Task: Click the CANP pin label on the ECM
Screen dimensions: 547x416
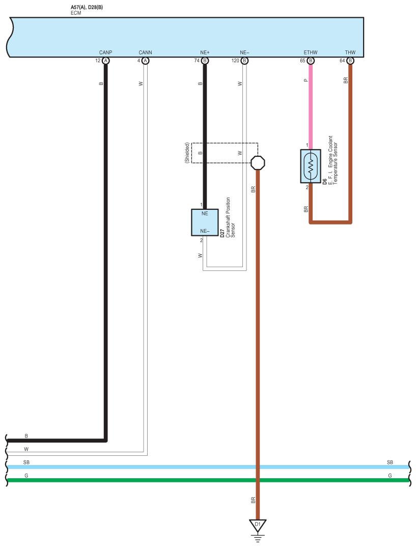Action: coord(105,52)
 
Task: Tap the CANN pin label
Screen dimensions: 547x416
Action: coord(145,52)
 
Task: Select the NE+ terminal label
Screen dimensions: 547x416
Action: coord(205,52)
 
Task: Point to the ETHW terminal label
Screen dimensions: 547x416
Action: coord(311,52)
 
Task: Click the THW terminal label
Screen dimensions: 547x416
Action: coord(350,52)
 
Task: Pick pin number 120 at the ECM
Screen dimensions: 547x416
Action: coord(235,61)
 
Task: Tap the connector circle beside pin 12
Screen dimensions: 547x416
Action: coord(105,61)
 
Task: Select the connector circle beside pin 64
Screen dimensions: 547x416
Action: coord(350,61)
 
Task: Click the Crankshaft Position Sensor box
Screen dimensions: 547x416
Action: coord(205,222)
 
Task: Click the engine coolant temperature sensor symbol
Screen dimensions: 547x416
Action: coord(311,166)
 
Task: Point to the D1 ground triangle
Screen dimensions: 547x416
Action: coord(257,525)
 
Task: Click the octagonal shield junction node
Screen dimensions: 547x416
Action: coord(258,163)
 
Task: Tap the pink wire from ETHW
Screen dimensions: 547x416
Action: coord(311,102)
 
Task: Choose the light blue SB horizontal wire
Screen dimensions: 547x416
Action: coord(153,467)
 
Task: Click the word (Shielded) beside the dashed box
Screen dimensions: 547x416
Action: coord(187,152)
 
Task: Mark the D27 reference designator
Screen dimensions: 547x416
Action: coord(223,234)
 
